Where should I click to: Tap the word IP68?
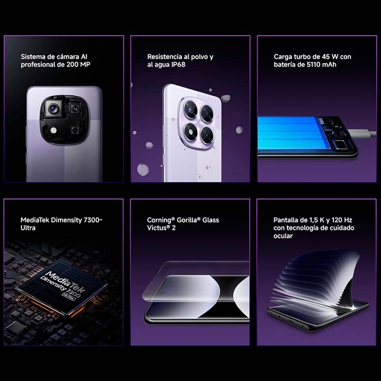176,64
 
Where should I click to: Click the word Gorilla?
188,220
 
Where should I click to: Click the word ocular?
283,236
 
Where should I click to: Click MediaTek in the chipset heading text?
36,220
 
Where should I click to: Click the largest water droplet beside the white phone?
142,168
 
